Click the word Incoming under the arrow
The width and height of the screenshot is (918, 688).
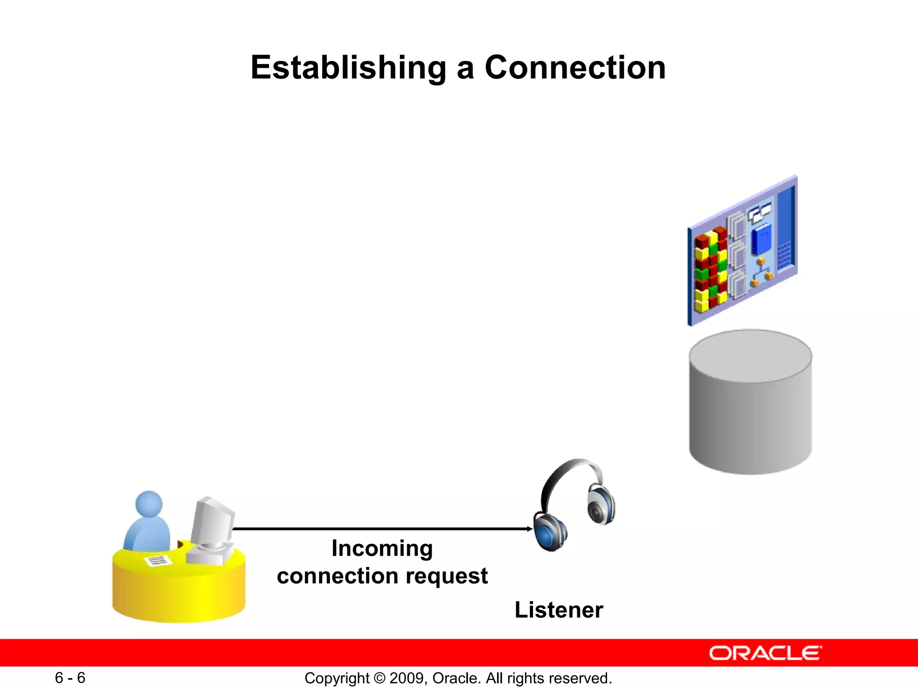pos(382,549)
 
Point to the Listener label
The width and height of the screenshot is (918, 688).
pos(559,610)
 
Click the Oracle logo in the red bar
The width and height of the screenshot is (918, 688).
pos(765,653)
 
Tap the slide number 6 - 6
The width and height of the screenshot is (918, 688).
pos(70,678)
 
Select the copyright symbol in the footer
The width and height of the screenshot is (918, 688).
pos(379,678)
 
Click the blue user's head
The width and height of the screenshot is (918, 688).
pos(149,504)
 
